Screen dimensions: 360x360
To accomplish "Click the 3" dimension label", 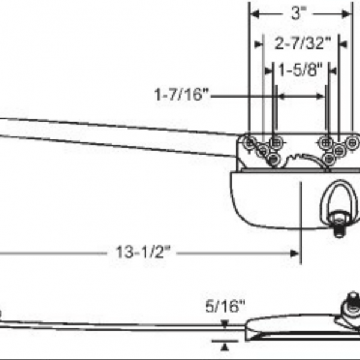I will tap(298, 14).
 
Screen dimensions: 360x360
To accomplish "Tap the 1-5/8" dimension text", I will tap(300, 70).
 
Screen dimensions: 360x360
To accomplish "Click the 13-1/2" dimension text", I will tap(143, 253).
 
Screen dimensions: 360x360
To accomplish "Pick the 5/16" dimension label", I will tap(226, 307).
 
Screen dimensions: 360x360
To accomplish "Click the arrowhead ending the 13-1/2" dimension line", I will tap(295, 253).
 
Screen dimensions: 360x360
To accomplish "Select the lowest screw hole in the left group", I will tap(274, 159).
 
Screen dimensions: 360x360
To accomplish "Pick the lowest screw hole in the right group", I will tap(328, 158).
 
